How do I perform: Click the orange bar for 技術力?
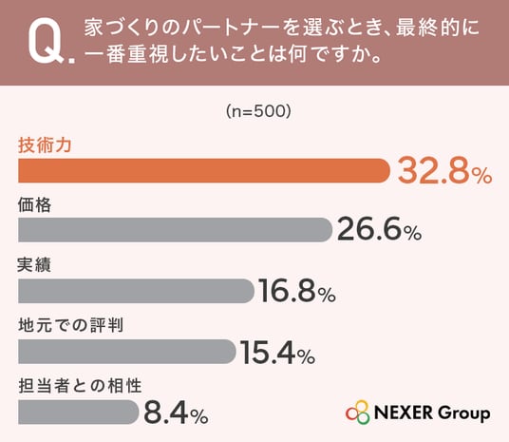click(x=204, y=171)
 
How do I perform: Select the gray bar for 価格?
click(x=176, y=230)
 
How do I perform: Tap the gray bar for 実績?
click(x=137, y=291)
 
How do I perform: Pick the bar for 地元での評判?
click(x=127, y=352)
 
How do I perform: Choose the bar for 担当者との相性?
click(x=79, y=412)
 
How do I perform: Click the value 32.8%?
click(x=445, y=171)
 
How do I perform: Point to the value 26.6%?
click(x=380, y=229)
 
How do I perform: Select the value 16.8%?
click(x=297, y=291)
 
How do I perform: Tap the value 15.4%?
click(x=278, y=352)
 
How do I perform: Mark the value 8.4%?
click(x=176, y=413)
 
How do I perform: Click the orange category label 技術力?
click(x=45, y=144)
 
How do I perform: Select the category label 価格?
click(x=35, y=205)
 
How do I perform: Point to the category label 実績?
click(x=34, y=265)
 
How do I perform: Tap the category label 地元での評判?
click(x=71, y=325)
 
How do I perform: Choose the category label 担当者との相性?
click(x=80, y=386)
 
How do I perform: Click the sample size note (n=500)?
click(x=258, y=111)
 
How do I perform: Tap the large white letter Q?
click(x=47, y=41)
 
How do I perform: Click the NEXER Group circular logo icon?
click(x=358, y=413)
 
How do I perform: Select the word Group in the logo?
click(x=463, y=413)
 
